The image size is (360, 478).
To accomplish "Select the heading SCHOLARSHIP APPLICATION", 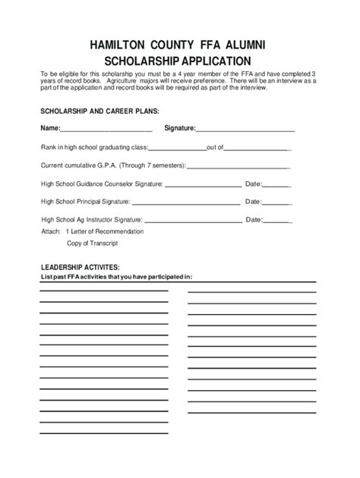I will pyautogui.click(x=179, y=60).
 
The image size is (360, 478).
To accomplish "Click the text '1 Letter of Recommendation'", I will pyautogui.click(x=105, y=231).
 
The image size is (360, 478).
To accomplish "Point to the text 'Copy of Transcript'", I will pyautogui.click(x=92, y=244).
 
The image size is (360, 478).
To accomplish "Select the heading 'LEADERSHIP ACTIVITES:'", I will pyautogui.click(x=80, y=268).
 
